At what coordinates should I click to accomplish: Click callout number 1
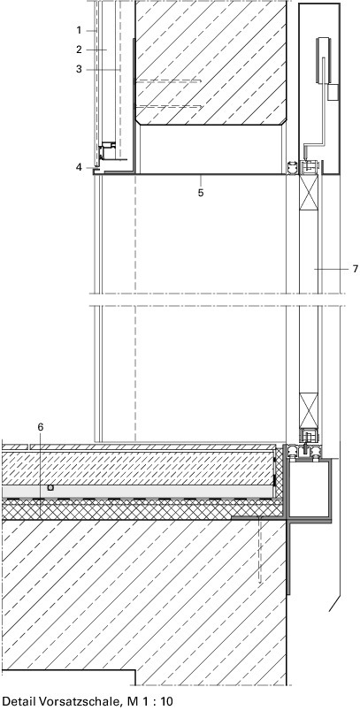coord(79,30)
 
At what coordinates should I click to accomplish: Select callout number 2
coord(79,50)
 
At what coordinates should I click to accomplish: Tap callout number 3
coord(79,69)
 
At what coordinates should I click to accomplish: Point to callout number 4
coord(79,167)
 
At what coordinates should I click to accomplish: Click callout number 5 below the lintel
coord(200,193)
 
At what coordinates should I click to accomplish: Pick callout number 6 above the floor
coord(41,427)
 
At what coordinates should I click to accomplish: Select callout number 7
coord(355,269)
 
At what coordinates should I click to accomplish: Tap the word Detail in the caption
coord(21,701)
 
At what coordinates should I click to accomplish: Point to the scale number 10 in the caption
coord(166,701)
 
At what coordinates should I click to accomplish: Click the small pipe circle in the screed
coord(50,488)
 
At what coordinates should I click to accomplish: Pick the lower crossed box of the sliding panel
coord(309,410)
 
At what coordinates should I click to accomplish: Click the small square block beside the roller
coord(333,92)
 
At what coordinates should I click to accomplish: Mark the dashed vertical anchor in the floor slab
coord(260,551)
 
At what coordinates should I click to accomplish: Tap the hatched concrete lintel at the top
coord(211,62)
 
